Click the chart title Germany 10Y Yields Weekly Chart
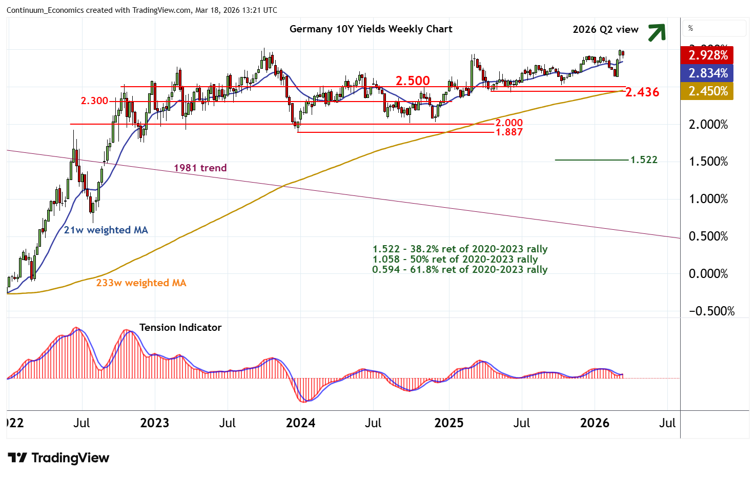pyautogui.click(x=371, y=29)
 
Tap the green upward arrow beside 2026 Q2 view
pyautogui.click(x=657, y=32)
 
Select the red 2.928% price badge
pyautogui.click(x=707, y=55)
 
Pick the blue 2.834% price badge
pyautogui.click(x=707, y=73)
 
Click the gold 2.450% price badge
pyautogui.click(x=707, y=91)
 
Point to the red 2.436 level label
pyautogui.click(x=642, y=92)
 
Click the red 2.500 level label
pyautogui.click(x=413, y=81)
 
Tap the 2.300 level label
pyautogui.click(x=94, y=101)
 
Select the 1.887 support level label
pyautogui.click(x=509, y=132)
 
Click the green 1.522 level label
pyautogui.click(x=644, y=160)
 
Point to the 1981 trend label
pyautogui.click(x=200, y=168)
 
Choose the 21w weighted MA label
pyautogui.click(x=106, y=230)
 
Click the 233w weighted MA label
pyautogui.click(x=141, y=283)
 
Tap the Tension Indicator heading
pyautogui.click(x=180, y=327)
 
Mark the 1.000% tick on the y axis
pyautogui.click(x=708, y=199)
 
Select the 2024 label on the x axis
pyautogui.click(x=300, y=423)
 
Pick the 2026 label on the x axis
pyautogui.click(x=595, y=423)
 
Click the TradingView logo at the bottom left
pyautogui.click(x=58, y=458)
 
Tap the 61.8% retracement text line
pyautogui.click(x=460, y=270)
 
